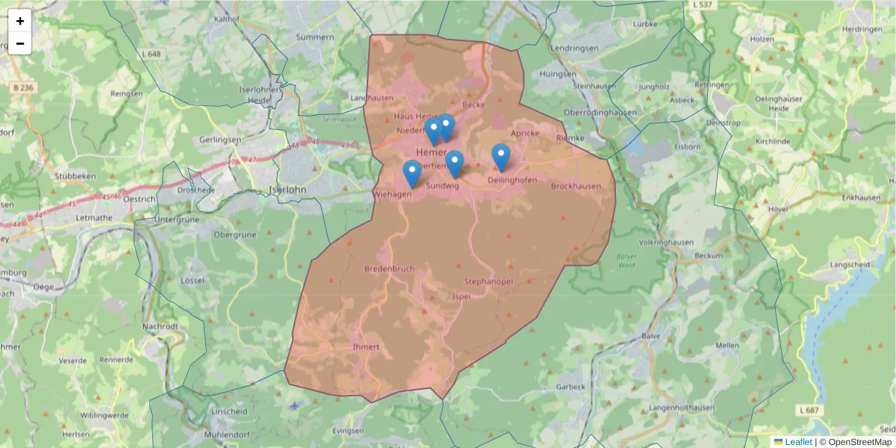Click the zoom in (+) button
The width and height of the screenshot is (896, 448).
[x=20, y=21]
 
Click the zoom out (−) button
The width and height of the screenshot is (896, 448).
[x=20, y=43]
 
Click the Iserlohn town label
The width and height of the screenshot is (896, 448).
[x=287, y=190]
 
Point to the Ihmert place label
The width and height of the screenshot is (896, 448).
[x=366, y=346]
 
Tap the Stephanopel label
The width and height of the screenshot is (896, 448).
[x=488, y=281]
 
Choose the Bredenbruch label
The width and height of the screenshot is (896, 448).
[x=389, y=268]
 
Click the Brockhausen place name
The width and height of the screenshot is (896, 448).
[x=576, y=186]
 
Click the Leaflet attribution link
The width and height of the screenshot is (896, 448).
[x=798, y=442]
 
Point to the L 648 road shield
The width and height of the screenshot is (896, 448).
[x=152, y=55]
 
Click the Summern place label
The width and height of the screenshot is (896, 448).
[x=315, y=37]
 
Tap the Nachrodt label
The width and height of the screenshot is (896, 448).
[x=161, y=326]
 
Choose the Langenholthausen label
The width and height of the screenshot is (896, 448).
[x=682, y=408]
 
